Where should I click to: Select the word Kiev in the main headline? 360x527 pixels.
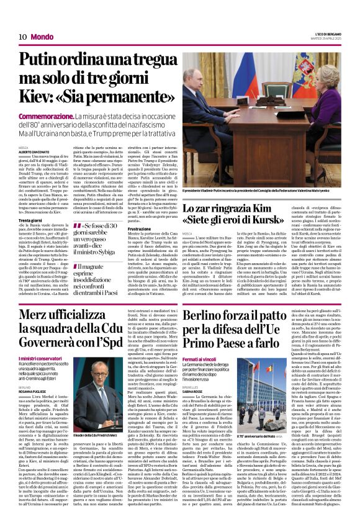tap(39, 99)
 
